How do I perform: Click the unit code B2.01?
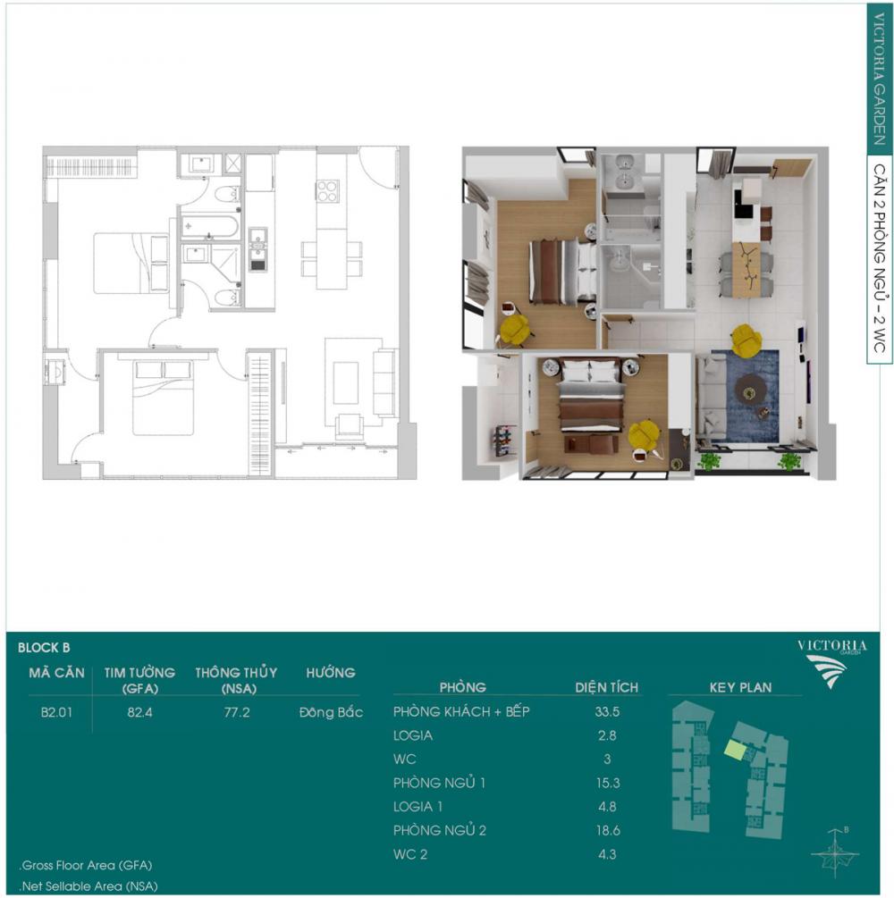click(56, 712)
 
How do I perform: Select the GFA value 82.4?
click(139, 712)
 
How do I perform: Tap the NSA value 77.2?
click(237, 712)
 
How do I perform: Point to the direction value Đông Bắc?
click(332, 712)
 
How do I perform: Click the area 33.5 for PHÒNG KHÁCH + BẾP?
click(607, 712)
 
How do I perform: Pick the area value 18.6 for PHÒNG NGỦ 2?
click(607, 830)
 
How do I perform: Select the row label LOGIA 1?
click(417, 806)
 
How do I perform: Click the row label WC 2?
click(410, 854)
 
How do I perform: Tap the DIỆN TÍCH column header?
click(606, 687)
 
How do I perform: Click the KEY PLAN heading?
click(740, 687)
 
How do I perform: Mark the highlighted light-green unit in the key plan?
click(734, 749)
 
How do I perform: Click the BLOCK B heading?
click(44, 648)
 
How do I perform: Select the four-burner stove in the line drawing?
click(327, 191)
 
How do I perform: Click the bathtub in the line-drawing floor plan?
click(209, 227)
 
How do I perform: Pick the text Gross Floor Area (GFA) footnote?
click(86, 865)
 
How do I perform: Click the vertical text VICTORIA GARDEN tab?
click(879, 80)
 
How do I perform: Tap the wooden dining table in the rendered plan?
click(746, 269)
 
